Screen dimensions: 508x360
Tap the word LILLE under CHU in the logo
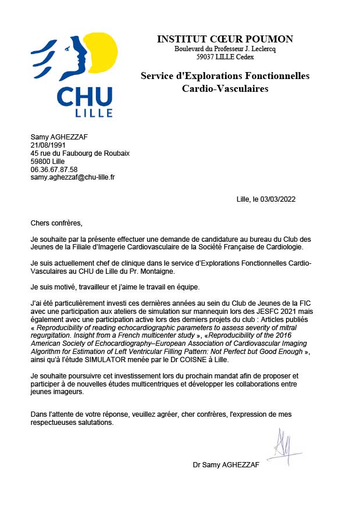[85, 112]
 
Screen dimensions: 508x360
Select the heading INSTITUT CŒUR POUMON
[225, 39]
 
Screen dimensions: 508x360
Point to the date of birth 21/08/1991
[48, 145]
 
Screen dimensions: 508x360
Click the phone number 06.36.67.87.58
[54, 169]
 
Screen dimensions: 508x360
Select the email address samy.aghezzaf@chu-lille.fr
[73, 177]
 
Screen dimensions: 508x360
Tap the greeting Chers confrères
[57, 223]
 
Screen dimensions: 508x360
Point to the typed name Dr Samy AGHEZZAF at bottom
[226, 465]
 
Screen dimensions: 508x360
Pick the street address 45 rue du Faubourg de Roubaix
[80, 153]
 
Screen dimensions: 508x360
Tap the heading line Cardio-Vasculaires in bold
[225, 89]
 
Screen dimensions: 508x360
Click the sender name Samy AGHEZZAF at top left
[59, 137]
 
